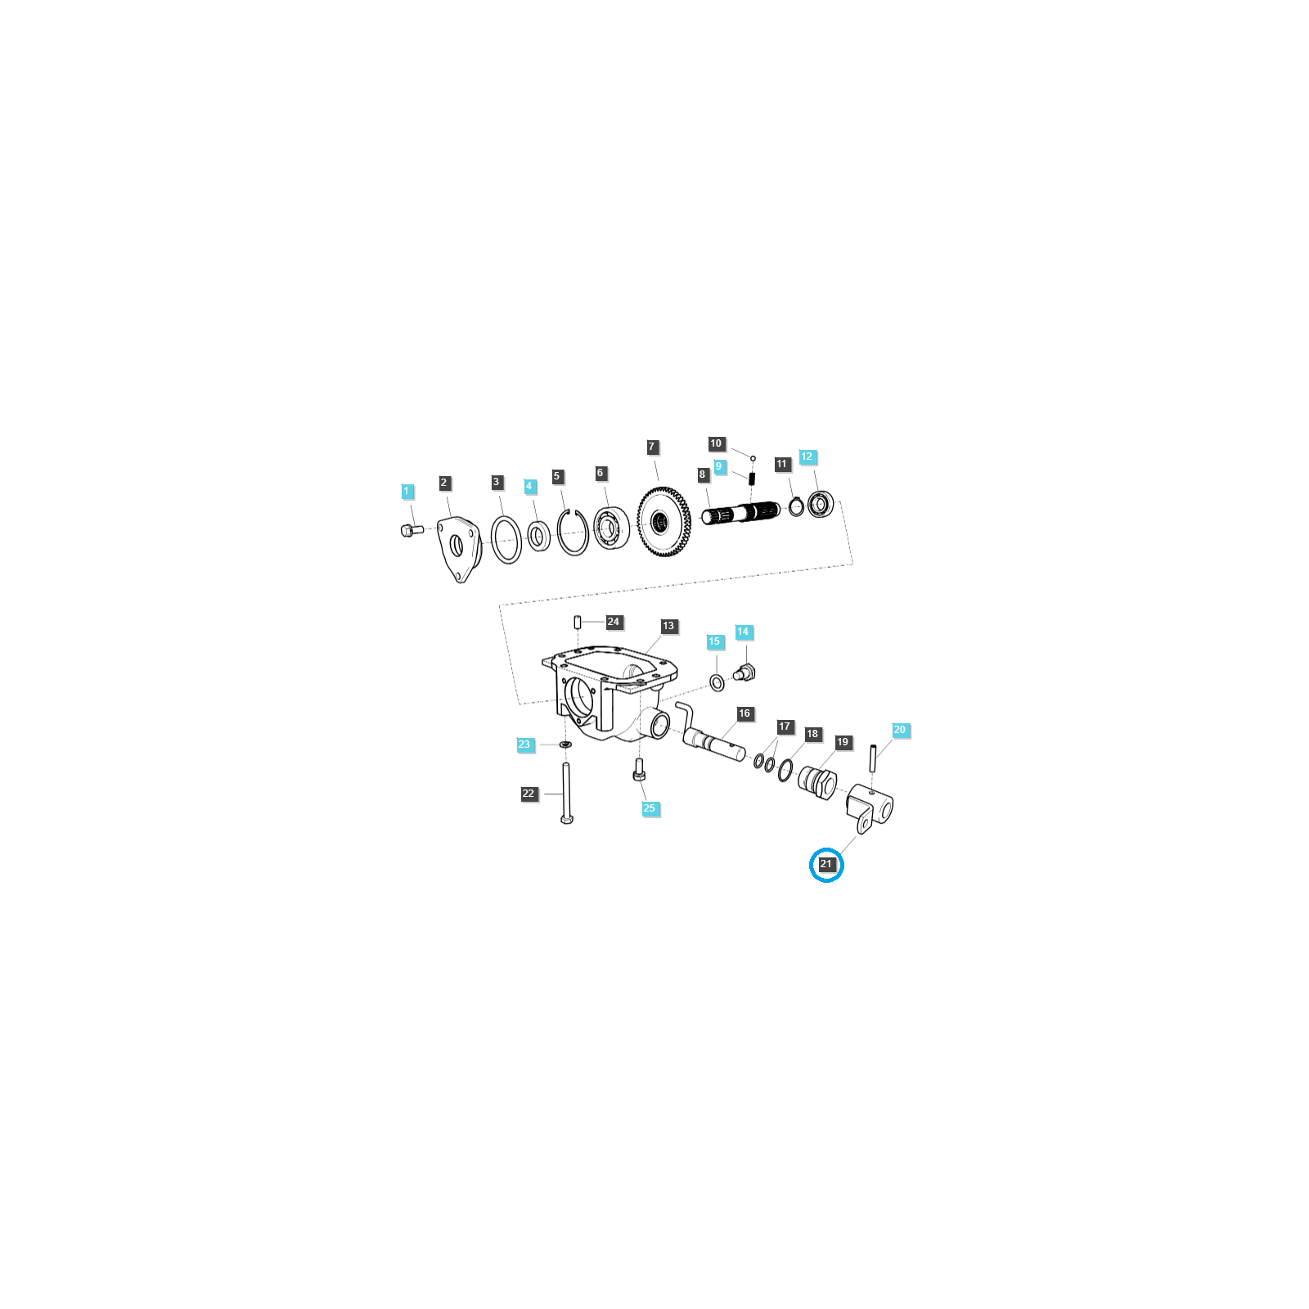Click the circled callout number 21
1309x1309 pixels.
click(826, 864)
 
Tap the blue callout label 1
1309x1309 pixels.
click(407, 492)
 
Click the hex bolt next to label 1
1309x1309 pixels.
click(412, 530)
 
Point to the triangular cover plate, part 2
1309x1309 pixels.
click(460, 548)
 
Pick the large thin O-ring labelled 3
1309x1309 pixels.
click(506, 540)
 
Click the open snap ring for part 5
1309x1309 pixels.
click(573, 532)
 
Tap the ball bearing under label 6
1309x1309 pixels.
click(610, 529)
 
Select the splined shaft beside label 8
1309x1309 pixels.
click(740, 514)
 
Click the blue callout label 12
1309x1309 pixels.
click(807, 457)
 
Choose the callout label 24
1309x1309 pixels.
click(614, 622)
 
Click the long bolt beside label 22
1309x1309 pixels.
click(566, 793)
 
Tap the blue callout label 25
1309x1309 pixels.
click(650, 808)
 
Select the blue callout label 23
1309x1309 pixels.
click(524, 744)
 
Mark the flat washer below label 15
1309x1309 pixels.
click(717, 682)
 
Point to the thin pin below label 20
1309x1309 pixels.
click(874, 757)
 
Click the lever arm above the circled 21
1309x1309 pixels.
click(869, 807)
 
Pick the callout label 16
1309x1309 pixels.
click(744, 713)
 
